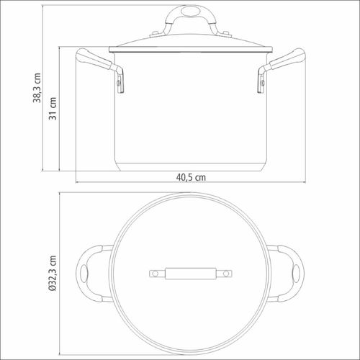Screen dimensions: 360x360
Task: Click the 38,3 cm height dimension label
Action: [37, 88]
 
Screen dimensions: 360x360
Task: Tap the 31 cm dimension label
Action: [53, 109]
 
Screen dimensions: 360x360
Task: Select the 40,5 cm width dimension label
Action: [191, 177]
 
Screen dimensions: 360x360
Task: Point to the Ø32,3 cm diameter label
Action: [52, 274]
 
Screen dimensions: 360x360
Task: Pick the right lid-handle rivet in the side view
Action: [226, 34]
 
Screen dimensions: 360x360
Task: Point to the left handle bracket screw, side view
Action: [118, 83]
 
